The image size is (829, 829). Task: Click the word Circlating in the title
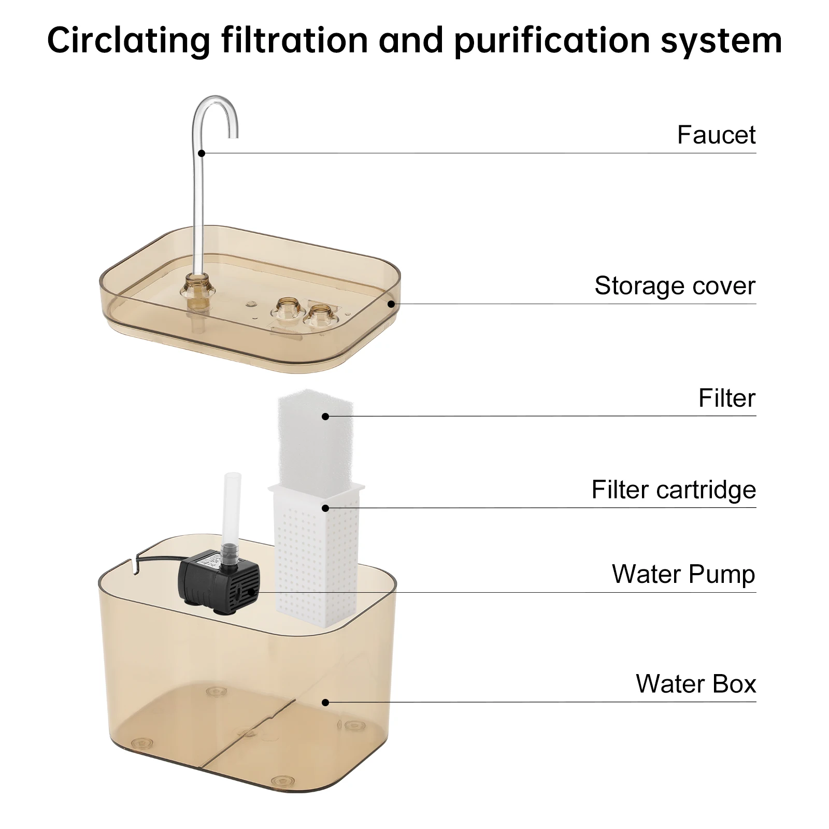tap(129, 40)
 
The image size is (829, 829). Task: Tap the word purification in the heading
tap(551, 40)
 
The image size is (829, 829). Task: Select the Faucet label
tap(716, 135)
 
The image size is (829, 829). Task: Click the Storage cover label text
tap(675, 285)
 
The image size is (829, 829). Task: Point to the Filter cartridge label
tap(674, 490)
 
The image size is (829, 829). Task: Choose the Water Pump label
tap(683, 574)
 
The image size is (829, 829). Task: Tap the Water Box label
tap(696, 683)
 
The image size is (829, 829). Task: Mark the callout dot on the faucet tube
tap(202, 153)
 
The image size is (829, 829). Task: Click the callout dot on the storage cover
tap(391, 304)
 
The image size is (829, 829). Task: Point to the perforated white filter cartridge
tap(316, 557)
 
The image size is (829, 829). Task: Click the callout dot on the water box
tap(325, 703)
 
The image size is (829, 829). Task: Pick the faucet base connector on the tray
tap(197, 290)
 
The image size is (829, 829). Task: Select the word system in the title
tap(721, 40)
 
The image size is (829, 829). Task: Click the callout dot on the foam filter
tap(325, 416)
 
